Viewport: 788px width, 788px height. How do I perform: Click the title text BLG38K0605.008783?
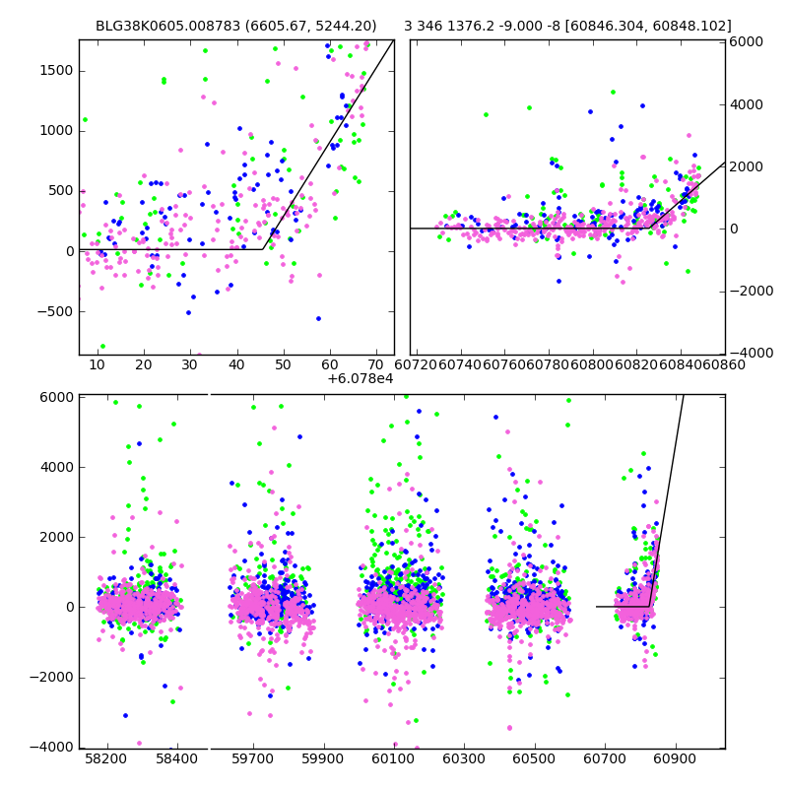click(x=165, y=26)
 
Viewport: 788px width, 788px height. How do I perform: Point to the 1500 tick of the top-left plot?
click(x=56, y=70)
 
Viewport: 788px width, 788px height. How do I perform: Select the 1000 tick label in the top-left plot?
click(x=56, y=130)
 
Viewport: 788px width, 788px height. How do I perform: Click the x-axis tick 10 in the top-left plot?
click(x=97, y=365)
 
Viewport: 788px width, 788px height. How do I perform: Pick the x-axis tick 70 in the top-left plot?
click(x=377, y=365)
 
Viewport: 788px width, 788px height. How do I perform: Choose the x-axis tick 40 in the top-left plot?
click(x=236, y=365)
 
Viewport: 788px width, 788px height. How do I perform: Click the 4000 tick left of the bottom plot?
click(x=55, y=467)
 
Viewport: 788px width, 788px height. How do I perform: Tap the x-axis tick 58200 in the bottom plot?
click(x=106, y=760)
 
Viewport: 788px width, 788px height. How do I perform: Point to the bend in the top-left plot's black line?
click(x=264, y=249)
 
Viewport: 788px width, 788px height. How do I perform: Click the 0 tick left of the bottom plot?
click(x=67, y=607)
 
